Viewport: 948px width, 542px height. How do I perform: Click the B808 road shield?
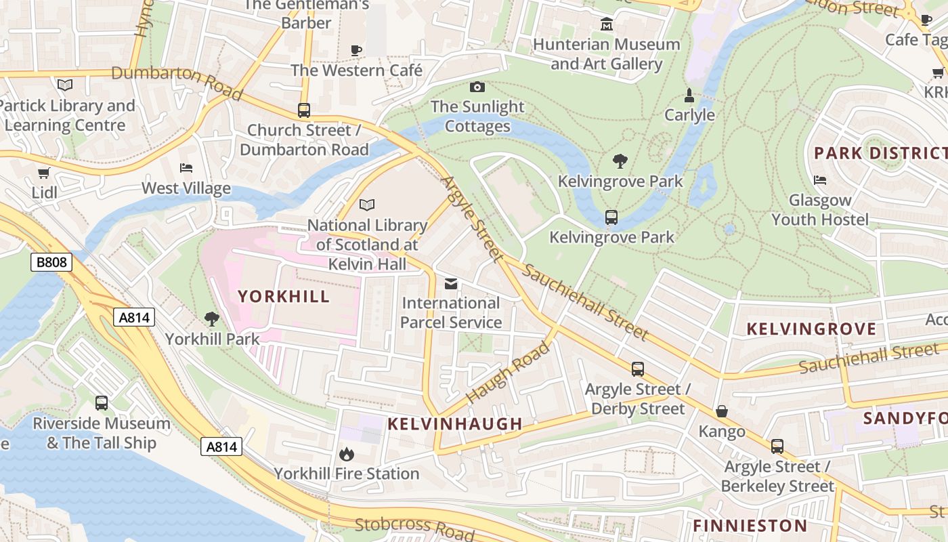point(51,262)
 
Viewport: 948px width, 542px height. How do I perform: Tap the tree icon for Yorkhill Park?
point(212,318)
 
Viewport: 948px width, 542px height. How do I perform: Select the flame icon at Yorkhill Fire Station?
point(346,453)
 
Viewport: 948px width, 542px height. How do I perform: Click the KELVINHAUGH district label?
point(455,424)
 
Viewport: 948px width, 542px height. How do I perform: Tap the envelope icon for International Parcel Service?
point(451,283)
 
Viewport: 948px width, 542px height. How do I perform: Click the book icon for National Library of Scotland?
point(367,205)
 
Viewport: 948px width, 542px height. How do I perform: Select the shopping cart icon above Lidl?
point(44,173)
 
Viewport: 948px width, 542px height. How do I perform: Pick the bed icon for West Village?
point(186,167)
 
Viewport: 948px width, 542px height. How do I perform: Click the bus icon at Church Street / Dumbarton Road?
point(304,110)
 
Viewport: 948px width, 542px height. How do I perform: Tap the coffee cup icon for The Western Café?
point(356,50)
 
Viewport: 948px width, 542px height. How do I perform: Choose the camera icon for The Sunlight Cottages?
point(477,87)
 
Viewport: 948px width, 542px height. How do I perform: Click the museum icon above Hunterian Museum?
point(607,25)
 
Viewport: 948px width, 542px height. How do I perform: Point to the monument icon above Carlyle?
point(689,95)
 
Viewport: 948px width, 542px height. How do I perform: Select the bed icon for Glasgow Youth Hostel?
point(820,180)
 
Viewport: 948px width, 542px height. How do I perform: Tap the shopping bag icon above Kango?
point(722,411)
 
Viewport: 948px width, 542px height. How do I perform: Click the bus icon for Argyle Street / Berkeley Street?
point(777,446)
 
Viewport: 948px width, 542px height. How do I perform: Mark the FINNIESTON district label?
point(750,526)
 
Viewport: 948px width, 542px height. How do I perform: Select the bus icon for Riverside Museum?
point(102,403)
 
